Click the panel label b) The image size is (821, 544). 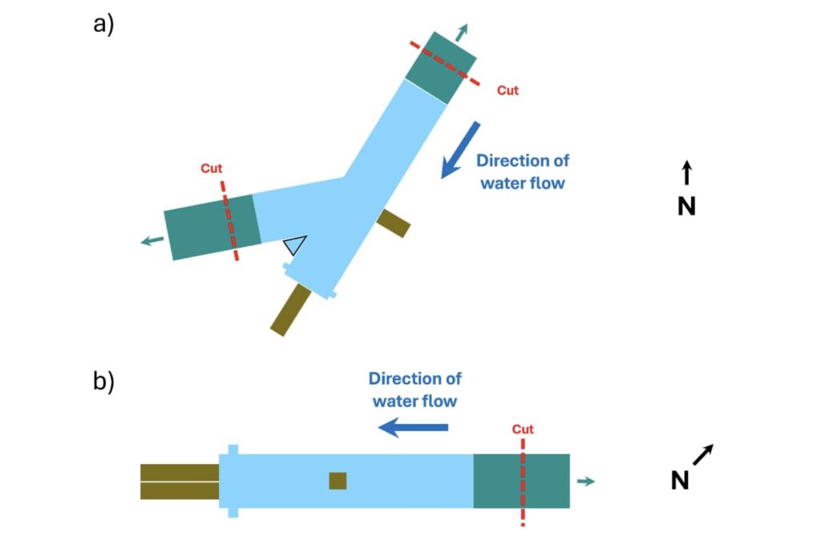(x=104, y=381)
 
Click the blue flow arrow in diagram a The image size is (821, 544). (x=460, y=150)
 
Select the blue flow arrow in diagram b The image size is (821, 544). (x=413, y=428)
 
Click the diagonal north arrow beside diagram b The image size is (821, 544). (x=702, y=455)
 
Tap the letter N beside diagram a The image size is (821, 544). (x=686, y=207)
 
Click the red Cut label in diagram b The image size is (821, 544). (x=523, y=429)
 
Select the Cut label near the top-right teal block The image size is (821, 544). (x=508, y=91)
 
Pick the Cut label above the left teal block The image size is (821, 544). (x=212, y=168)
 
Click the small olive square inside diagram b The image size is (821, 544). (x=338, y=481)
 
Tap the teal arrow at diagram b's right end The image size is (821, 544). (x=586, y=481)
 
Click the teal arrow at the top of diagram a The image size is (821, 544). (x=461, y=33)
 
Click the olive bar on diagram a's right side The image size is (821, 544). (x=394, y=223)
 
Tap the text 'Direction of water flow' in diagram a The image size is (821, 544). (x=523, y=171)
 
